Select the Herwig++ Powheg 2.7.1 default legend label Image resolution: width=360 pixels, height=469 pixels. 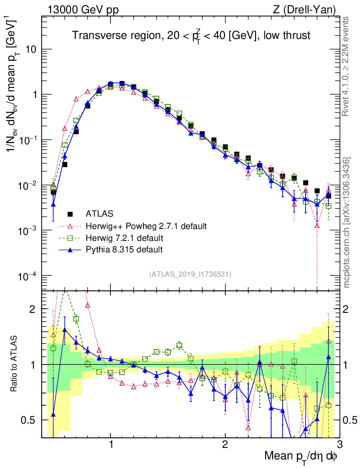coord(146,226)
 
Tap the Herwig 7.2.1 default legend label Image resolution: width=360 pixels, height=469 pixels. coord(125,238)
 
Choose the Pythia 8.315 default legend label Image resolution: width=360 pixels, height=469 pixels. coord(125,250)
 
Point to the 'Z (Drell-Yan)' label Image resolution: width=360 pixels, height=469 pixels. coord(308,10)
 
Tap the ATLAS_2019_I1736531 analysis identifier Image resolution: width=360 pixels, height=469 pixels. coord(190,274)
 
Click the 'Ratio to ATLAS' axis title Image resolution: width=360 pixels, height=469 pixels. coord(15,364)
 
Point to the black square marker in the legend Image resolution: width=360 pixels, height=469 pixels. coord(70,213)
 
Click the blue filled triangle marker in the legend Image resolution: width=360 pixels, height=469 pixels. coord(70,249)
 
